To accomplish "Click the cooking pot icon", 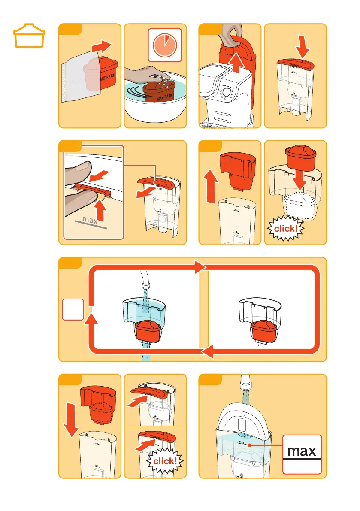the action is (x=29, y=36).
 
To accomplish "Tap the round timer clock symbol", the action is (x=165, y=45).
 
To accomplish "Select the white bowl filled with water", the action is (x=155, y=98).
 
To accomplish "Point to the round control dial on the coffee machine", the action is (x=227, y=92).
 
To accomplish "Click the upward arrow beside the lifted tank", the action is (x=236, y=62).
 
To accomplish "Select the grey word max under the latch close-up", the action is (x=90, y=220).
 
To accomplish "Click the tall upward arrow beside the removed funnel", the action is (x=211, y=187).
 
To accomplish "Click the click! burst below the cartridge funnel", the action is (x=285, y=228).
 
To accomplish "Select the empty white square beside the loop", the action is (x=73, y=309).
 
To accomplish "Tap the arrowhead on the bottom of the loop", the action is (x=207, y=352).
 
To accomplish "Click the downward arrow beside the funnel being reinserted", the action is (x=71, y=420).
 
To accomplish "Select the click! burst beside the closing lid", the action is (x=165, y=461).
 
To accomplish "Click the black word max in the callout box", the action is (x=302, y=451).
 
